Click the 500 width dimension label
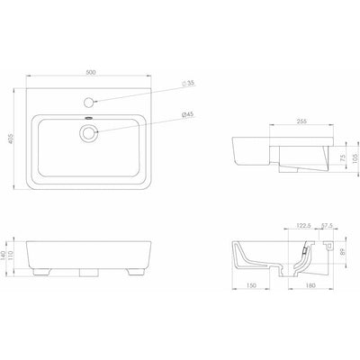(90, 72)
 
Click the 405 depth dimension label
(12, 139)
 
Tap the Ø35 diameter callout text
(188, 84)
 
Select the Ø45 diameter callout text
(188, 114)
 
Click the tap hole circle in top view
(89, 103)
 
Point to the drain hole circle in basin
(89, 132)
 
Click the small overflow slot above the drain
(89, 118)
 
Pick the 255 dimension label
(301, 121)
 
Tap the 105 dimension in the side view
(356, 158)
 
